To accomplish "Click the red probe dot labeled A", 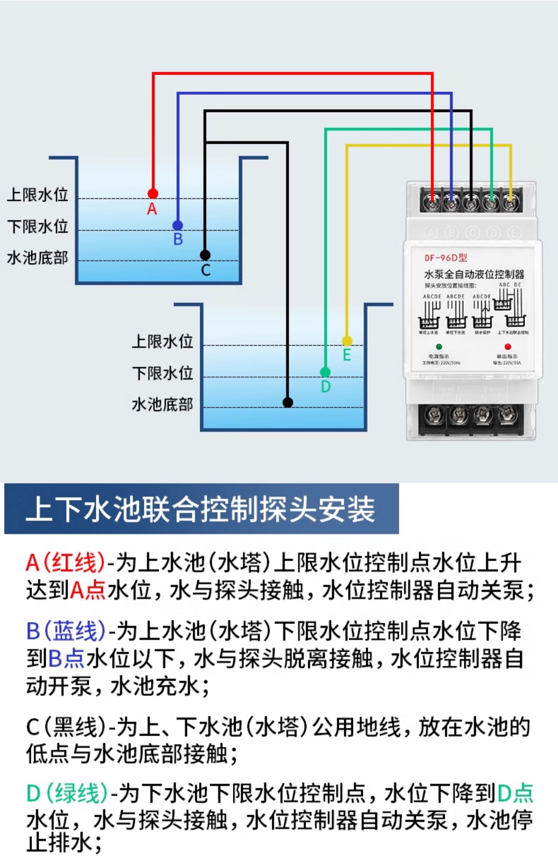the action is [153, 193].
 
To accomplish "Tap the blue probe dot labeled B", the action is [178, 225].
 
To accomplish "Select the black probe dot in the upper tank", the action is [205, 255].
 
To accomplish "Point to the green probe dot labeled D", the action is [325, 372].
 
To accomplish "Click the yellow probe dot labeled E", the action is [347, 341].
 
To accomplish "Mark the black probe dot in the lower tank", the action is [288, 402].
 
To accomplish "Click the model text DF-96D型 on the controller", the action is [446, 258].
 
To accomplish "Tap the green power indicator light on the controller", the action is [439, 347].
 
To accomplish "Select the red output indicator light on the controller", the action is [508, 347].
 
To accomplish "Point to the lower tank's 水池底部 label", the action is [163, 404].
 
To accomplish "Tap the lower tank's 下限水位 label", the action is [163, 373].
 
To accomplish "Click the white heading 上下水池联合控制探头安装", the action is [200, 509].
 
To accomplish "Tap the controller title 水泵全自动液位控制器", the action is [474, 274].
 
